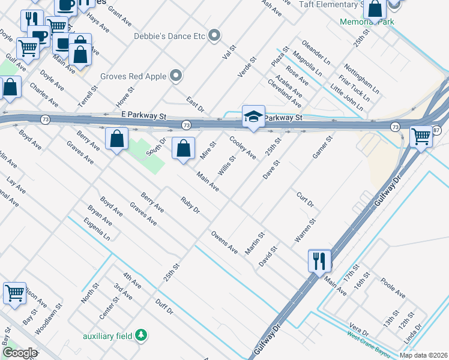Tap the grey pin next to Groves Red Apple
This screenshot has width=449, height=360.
176,76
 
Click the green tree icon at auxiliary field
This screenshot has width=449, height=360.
140,334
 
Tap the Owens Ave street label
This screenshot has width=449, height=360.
224,242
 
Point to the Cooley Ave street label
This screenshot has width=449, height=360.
244,148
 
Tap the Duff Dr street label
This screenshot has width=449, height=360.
164,307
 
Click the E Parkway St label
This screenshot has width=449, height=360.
143,114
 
